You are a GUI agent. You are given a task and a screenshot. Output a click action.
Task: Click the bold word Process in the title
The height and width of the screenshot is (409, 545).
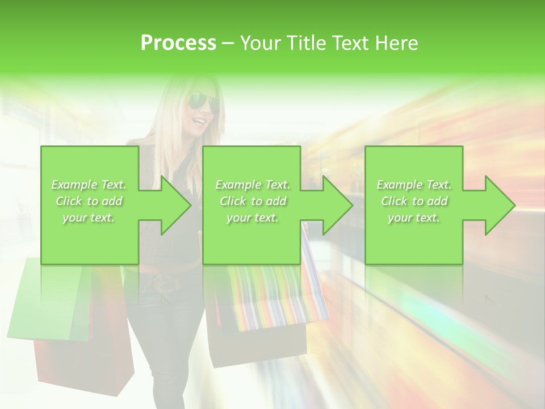pyautogui.click(x=178, y=43)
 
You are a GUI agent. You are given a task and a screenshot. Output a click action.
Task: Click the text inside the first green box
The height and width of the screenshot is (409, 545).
pyautogui.click(x=89, y=201)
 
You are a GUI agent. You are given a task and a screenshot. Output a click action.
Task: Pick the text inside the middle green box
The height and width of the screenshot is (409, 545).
pyautogui.click(x=253, y=201)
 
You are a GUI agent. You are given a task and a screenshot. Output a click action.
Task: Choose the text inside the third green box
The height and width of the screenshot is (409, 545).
pyautogui.click(x=414, y=201)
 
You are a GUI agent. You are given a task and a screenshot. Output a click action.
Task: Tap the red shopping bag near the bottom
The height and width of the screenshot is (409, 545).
pyautogui.click(x=85, y=364)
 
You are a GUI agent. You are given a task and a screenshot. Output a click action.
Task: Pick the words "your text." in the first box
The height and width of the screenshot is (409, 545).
pyautogui.click(x=89, y=218)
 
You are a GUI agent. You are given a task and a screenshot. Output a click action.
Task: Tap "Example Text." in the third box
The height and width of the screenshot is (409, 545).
pyautogui.click(x=414, y=185)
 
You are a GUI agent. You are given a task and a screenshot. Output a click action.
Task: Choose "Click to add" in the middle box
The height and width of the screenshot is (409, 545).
pyautogui.click(x=253, y=201)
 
